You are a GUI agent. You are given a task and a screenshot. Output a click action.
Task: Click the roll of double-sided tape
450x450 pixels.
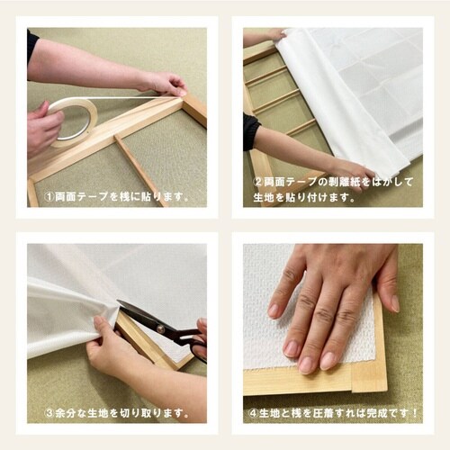(74, 120)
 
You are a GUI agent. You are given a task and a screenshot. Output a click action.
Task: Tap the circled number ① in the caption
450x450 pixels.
(48, 196)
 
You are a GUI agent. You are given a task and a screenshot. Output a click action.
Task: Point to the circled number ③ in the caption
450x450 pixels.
(49, 412)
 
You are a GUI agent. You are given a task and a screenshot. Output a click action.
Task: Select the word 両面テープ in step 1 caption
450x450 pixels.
(77, 196)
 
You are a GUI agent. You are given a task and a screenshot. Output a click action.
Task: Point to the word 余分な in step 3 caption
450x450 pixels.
(72, 412)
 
